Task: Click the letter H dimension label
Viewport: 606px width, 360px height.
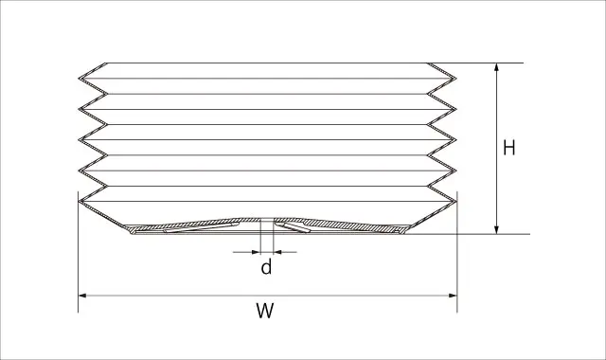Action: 509,148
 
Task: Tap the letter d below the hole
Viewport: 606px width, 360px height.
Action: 266,267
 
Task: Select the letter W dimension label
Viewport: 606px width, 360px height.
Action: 265,311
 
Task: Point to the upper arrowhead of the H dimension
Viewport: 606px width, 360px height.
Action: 496,67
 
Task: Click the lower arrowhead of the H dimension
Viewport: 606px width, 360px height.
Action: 496,229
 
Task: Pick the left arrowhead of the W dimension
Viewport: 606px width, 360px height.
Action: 82,296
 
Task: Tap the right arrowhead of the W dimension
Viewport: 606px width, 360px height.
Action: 453,296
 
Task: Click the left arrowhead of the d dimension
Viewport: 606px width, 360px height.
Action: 257,252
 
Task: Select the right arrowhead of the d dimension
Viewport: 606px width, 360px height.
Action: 277,252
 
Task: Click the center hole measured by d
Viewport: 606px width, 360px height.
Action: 267,225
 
